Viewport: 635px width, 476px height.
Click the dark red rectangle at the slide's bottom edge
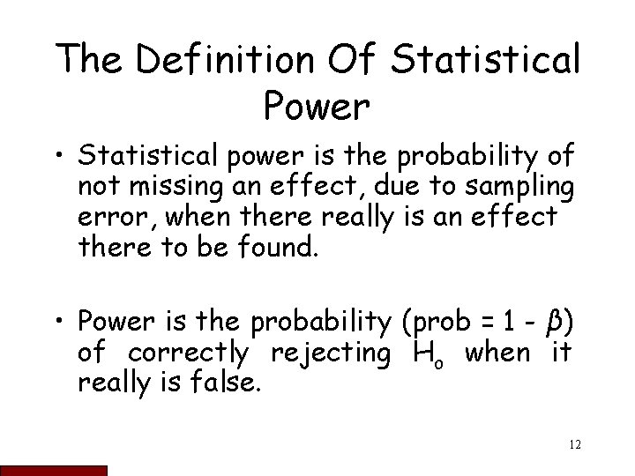click(54, 471)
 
